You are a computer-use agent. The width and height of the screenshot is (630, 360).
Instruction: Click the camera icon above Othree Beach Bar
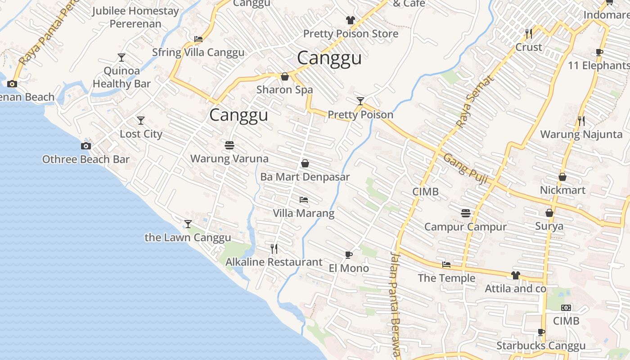click(85, 146)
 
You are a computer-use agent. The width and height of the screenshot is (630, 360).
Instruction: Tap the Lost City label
click(141, 134)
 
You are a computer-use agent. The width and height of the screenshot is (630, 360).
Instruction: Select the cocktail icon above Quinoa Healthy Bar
click(121, 58)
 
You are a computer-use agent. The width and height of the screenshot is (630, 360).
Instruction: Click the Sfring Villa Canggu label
click(198, 53)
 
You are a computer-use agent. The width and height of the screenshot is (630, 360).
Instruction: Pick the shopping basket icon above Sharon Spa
click(284, 77)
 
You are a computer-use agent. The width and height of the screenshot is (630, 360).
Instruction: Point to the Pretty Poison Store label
click(351, 34)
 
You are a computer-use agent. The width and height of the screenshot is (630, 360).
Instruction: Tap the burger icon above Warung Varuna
click(229, 145)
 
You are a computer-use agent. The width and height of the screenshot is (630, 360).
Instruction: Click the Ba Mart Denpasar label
click(305, 177)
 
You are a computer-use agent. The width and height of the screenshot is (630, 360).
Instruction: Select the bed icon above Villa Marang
click(304, 200)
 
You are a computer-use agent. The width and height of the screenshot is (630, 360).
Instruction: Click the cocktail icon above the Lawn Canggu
click(188, 224)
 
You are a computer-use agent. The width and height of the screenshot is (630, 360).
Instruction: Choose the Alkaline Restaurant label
click(274, 262)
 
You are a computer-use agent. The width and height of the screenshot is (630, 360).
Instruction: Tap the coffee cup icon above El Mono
click(348, 255)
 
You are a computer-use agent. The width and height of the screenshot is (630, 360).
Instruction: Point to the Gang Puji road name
click(465, 169)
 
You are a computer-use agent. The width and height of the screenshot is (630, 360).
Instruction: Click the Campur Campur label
click(465, 227)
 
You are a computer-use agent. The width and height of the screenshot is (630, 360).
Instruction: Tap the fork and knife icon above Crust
click(529, 33)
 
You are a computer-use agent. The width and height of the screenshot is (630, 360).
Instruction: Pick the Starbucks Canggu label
click(541, 346)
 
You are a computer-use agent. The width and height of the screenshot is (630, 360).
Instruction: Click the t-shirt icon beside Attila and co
click(515, 275)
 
